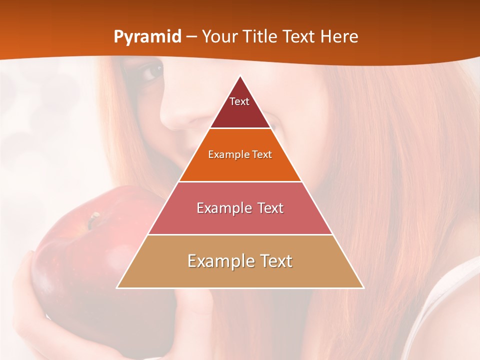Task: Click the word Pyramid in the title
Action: coord(147,36)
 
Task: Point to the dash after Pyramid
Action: coord(191,37)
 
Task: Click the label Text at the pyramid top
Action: coord(239,101)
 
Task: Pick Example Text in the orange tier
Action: coord(240,154)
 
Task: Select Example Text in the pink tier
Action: coord(240,208)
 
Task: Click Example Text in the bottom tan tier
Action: coord(240,261)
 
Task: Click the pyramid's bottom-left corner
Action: coord(117,287)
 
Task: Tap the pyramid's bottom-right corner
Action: coord(363,287)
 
